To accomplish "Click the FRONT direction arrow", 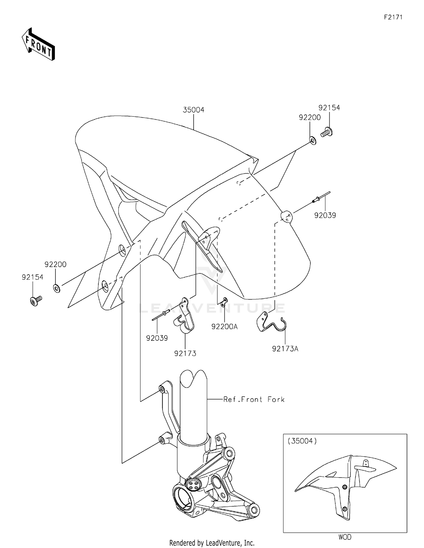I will point(38,44).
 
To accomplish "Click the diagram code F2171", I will point(393,17).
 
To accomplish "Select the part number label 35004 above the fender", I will point(193,110).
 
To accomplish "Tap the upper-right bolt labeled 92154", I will point(327,132).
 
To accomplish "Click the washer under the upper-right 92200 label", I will point(313,141).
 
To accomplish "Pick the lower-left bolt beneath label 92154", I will point(35,301).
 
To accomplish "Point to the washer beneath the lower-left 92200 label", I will point(57,289).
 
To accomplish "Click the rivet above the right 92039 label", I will point(321,197).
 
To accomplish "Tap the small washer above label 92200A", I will point(224,302).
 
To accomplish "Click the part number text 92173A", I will point(285,349).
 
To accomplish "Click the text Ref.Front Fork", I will point(254,400).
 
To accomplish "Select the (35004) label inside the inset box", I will point(302,441).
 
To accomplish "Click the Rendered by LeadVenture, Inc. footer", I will point(212,543).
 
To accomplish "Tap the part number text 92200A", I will point(224,327).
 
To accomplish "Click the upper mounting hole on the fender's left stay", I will point(122,250).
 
